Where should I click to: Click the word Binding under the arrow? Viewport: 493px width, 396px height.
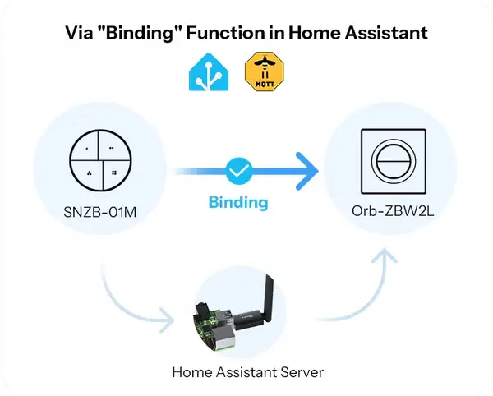pyautogui.click(x=238, y=201)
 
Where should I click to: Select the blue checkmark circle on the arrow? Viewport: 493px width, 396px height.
pyautogui.click(x=238, y=171)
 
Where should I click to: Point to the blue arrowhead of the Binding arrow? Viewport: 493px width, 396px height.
pyautogui.click(x=306, y=171)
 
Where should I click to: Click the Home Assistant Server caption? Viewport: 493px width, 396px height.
pyautogui.click(x=247, y=372)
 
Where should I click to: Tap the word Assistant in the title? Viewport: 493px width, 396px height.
pyautogui.click(x=384, y=35)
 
